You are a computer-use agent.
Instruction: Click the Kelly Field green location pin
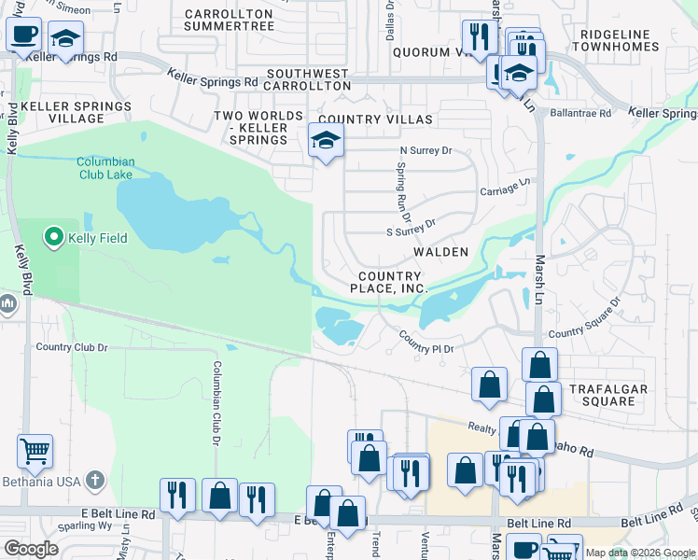click(x=53, y=238)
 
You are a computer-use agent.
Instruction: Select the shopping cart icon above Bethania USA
click(x=35, y=451)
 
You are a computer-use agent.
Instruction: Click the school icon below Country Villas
click(x=325, y=141)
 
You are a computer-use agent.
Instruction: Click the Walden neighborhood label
click(x=440, y=253)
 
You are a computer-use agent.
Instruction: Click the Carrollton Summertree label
click(x=230, y=20)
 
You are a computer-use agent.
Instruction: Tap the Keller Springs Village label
click(x=77, y=113)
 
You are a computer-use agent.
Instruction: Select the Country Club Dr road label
click(x=72, y=347)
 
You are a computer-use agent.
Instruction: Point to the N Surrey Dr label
click(x=425, y=150)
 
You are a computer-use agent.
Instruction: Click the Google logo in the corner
click(x=31, y=549)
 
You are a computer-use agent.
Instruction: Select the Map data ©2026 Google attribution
click(x=640, y=553)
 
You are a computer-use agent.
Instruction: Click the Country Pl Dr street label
click(x=426, y=342)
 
